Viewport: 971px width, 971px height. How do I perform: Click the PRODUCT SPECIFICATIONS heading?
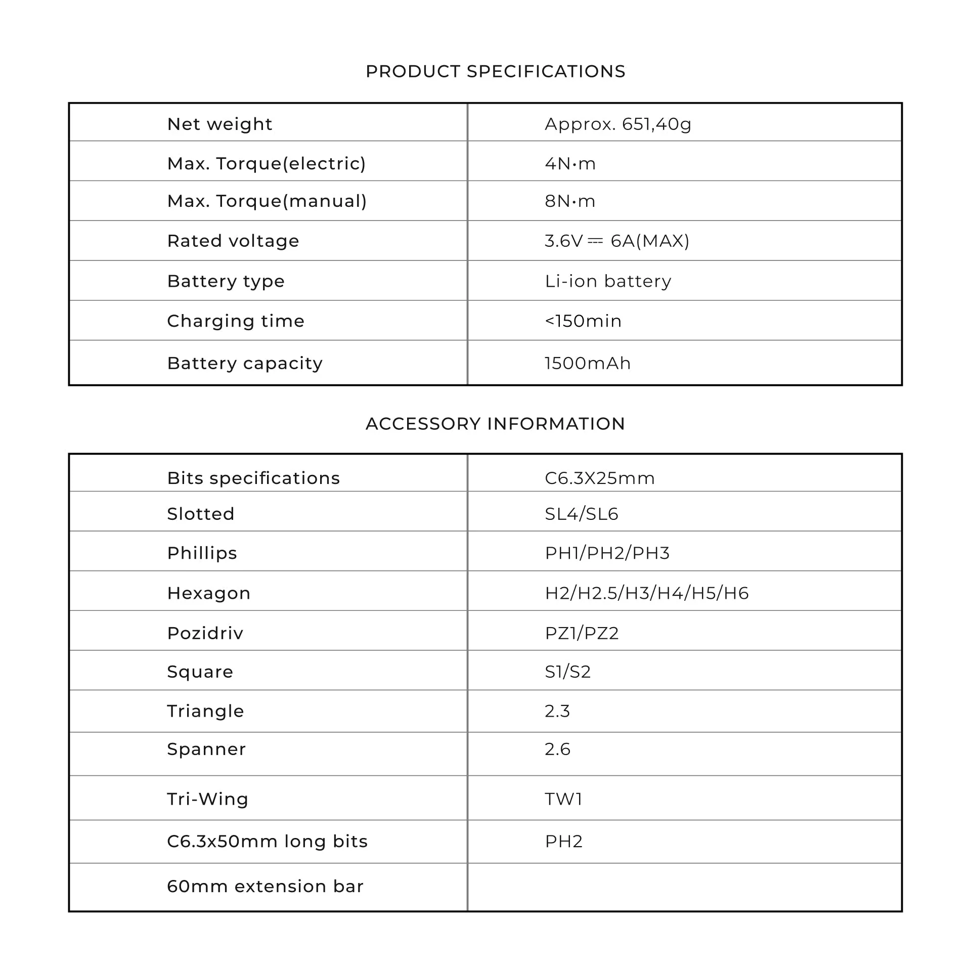(495, 71)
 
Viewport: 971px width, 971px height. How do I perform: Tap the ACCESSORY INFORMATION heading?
(495, 424)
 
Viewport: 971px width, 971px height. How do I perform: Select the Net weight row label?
(219, 124)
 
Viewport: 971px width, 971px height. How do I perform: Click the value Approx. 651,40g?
(617, 124)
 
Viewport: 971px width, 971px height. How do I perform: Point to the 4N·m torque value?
(570, 163)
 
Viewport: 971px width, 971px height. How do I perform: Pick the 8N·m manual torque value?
(570, 201)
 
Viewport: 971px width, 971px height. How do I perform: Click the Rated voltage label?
(233, 241)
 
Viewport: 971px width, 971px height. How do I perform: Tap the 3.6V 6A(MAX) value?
(616, 241)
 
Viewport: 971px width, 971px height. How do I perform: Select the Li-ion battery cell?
(608, 281)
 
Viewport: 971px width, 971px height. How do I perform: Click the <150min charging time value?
(583, 321)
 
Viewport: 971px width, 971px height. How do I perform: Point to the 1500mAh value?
(588, 363)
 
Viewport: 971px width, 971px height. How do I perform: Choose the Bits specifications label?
(253, 478)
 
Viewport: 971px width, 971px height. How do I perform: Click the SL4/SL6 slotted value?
(582, 514)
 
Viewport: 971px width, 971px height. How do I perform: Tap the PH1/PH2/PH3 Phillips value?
(607, 553)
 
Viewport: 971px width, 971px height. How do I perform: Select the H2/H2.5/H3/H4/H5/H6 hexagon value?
(646, 593)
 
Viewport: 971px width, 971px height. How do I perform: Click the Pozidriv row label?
(205, 633)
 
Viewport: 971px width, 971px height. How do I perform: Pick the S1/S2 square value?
(567, 672)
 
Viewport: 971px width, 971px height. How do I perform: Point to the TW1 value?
(563, 799)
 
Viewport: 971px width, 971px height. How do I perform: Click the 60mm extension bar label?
(265, 886)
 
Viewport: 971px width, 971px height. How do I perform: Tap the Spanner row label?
(206, 749)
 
